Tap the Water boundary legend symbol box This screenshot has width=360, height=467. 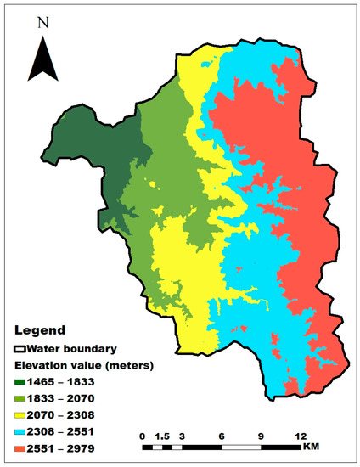20,347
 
